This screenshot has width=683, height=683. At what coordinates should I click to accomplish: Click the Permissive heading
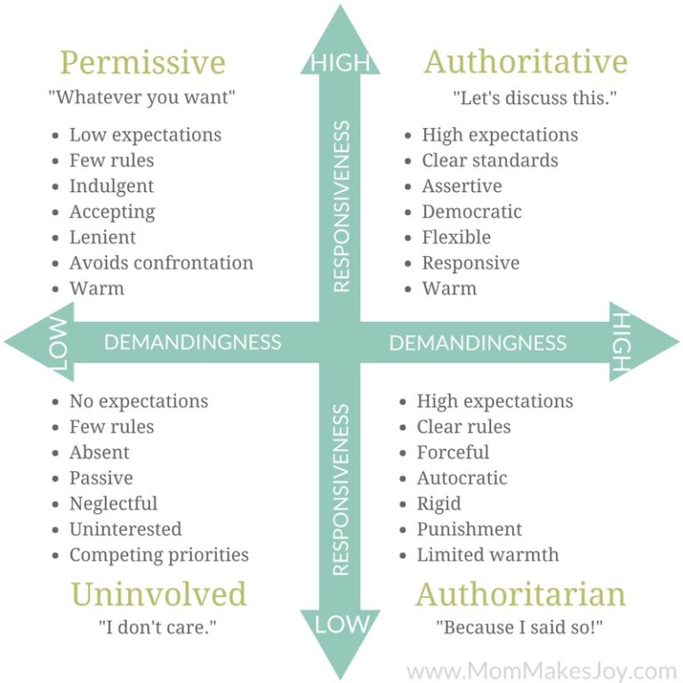142,64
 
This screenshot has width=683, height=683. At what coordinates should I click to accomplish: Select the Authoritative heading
526,62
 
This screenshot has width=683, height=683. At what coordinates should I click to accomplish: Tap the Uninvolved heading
158,594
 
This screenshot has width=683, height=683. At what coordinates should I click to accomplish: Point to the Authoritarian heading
521,594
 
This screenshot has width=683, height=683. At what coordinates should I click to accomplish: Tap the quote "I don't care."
157,627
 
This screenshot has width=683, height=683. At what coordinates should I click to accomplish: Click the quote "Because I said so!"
519,627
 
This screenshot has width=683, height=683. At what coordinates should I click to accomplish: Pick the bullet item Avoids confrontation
161,263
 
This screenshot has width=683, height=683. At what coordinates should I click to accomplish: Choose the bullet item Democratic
471,212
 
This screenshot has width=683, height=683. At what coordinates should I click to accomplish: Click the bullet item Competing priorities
159,555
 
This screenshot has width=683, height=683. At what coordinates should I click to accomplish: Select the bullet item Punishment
470,529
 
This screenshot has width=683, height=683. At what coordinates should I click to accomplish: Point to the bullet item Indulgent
111,186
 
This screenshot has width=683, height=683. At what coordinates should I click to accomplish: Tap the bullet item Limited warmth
488,555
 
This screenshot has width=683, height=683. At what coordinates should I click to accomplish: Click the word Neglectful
113,503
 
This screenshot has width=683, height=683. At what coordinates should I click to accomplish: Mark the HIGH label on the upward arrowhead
340,62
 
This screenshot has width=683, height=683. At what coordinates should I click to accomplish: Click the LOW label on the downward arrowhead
340,625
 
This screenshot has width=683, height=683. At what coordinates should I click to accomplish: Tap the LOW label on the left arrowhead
56,341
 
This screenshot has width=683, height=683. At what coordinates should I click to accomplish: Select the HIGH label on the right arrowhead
622,341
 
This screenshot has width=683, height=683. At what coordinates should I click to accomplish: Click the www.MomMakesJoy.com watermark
542,670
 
